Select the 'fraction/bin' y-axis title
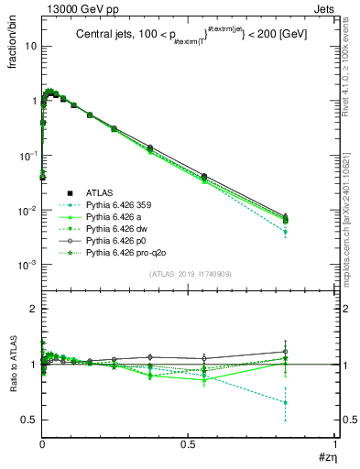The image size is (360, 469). [x=12, y=44]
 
